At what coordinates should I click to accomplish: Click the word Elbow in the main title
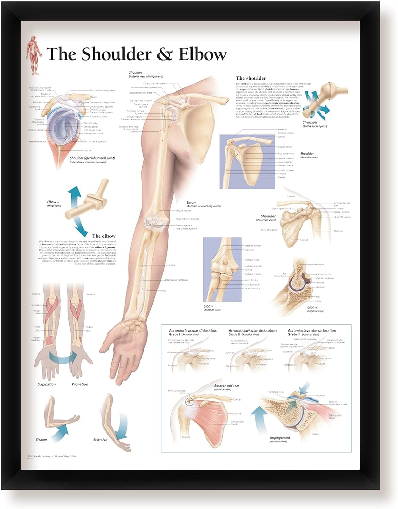pos(203,54)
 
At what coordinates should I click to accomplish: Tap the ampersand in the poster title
pos(165,54)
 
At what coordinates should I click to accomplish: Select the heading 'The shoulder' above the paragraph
pos(251,78)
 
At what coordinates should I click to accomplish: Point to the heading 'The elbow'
pos(103,236)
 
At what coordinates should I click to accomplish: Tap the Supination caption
pos(47,384)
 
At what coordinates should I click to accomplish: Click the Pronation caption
pos(80,384)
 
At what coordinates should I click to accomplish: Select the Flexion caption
pos(42,440)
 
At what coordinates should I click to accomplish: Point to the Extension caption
pos(100,440)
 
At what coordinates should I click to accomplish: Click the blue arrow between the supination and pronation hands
pos(63,357)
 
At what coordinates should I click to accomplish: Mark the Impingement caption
pos(280,438)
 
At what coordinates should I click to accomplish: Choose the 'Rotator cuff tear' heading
pos(227,386)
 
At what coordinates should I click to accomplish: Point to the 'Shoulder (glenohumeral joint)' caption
pos(92,158)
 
